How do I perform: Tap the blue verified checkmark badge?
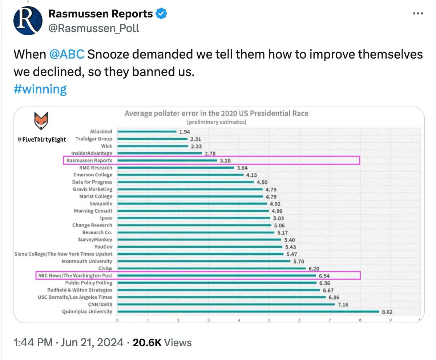(x=161, y=14)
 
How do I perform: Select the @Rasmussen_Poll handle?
(x=94, y=28)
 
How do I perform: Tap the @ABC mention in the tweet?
(x=67, y=55)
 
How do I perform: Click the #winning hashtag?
(x=40, y=89)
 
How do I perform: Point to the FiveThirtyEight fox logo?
(x=42, y=121)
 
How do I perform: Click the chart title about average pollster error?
(x=217, y=113)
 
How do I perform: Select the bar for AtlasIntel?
(x=147, y=132)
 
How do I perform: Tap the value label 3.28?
(x=225, y=160)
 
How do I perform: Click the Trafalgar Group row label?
(x=94, y=139)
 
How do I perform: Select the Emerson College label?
(x=93, y=175)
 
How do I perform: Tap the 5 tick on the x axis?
(x=269, y=321)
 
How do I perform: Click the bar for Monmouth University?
(x=204, y=261)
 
